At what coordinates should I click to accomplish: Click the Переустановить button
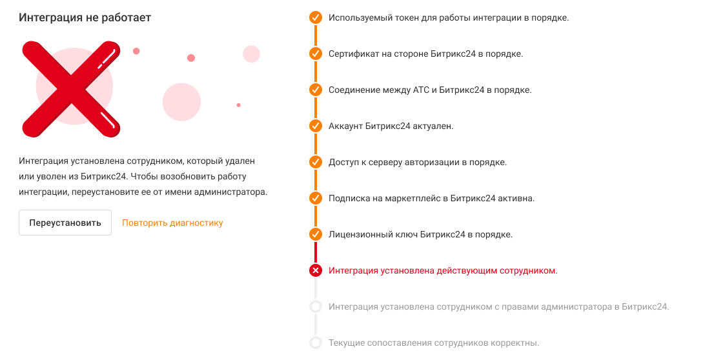click(65, 223)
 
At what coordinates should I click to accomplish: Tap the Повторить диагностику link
click(172, 223)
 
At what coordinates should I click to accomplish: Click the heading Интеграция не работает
click(85, 18)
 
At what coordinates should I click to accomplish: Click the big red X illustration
click(71, 89)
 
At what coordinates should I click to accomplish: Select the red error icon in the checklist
click(316, 270)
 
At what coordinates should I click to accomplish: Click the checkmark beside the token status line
click(316, 18)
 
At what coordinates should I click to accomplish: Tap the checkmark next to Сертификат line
click(316, 54)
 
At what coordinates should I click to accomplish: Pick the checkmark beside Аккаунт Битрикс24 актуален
click(316, 126)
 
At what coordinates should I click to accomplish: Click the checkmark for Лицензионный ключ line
click(316, 234)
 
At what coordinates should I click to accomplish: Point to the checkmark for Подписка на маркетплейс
click(316, 199)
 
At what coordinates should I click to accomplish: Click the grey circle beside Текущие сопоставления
click(316, 343)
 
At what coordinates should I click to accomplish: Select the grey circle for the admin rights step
click(316, 306)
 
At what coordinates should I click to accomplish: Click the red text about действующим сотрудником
click(443, 271)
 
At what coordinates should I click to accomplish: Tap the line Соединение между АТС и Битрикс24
click(430, 90)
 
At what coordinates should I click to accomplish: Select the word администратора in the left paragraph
click(230, 192)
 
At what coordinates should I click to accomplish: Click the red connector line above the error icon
click(316, 253)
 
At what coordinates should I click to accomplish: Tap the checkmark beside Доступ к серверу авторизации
click(316, 162)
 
